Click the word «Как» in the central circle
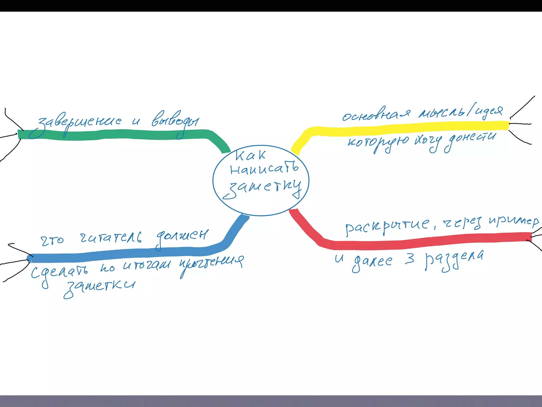click(x=250, y=155)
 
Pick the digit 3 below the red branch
click(x=409, y=259)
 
